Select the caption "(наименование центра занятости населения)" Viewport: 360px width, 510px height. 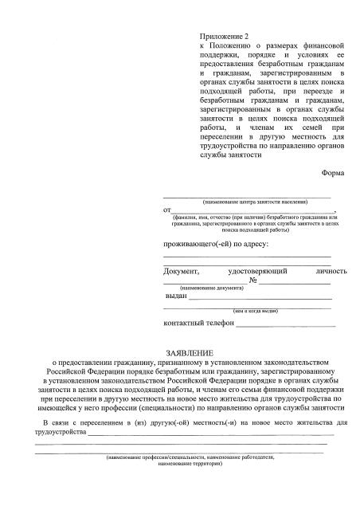pyautogui.click(x=247, y=202)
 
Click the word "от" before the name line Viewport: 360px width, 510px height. pyautogui.click(x=167, y=210)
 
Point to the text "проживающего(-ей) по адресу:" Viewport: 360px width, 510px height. pyautogui.click(x=216, y=242)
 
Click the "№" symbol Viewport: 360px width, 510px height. pyautogui.click(x=254, y=280)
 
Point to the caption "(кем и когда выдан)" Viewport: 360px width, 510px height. pyautogui.click(x=255, y=311)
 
